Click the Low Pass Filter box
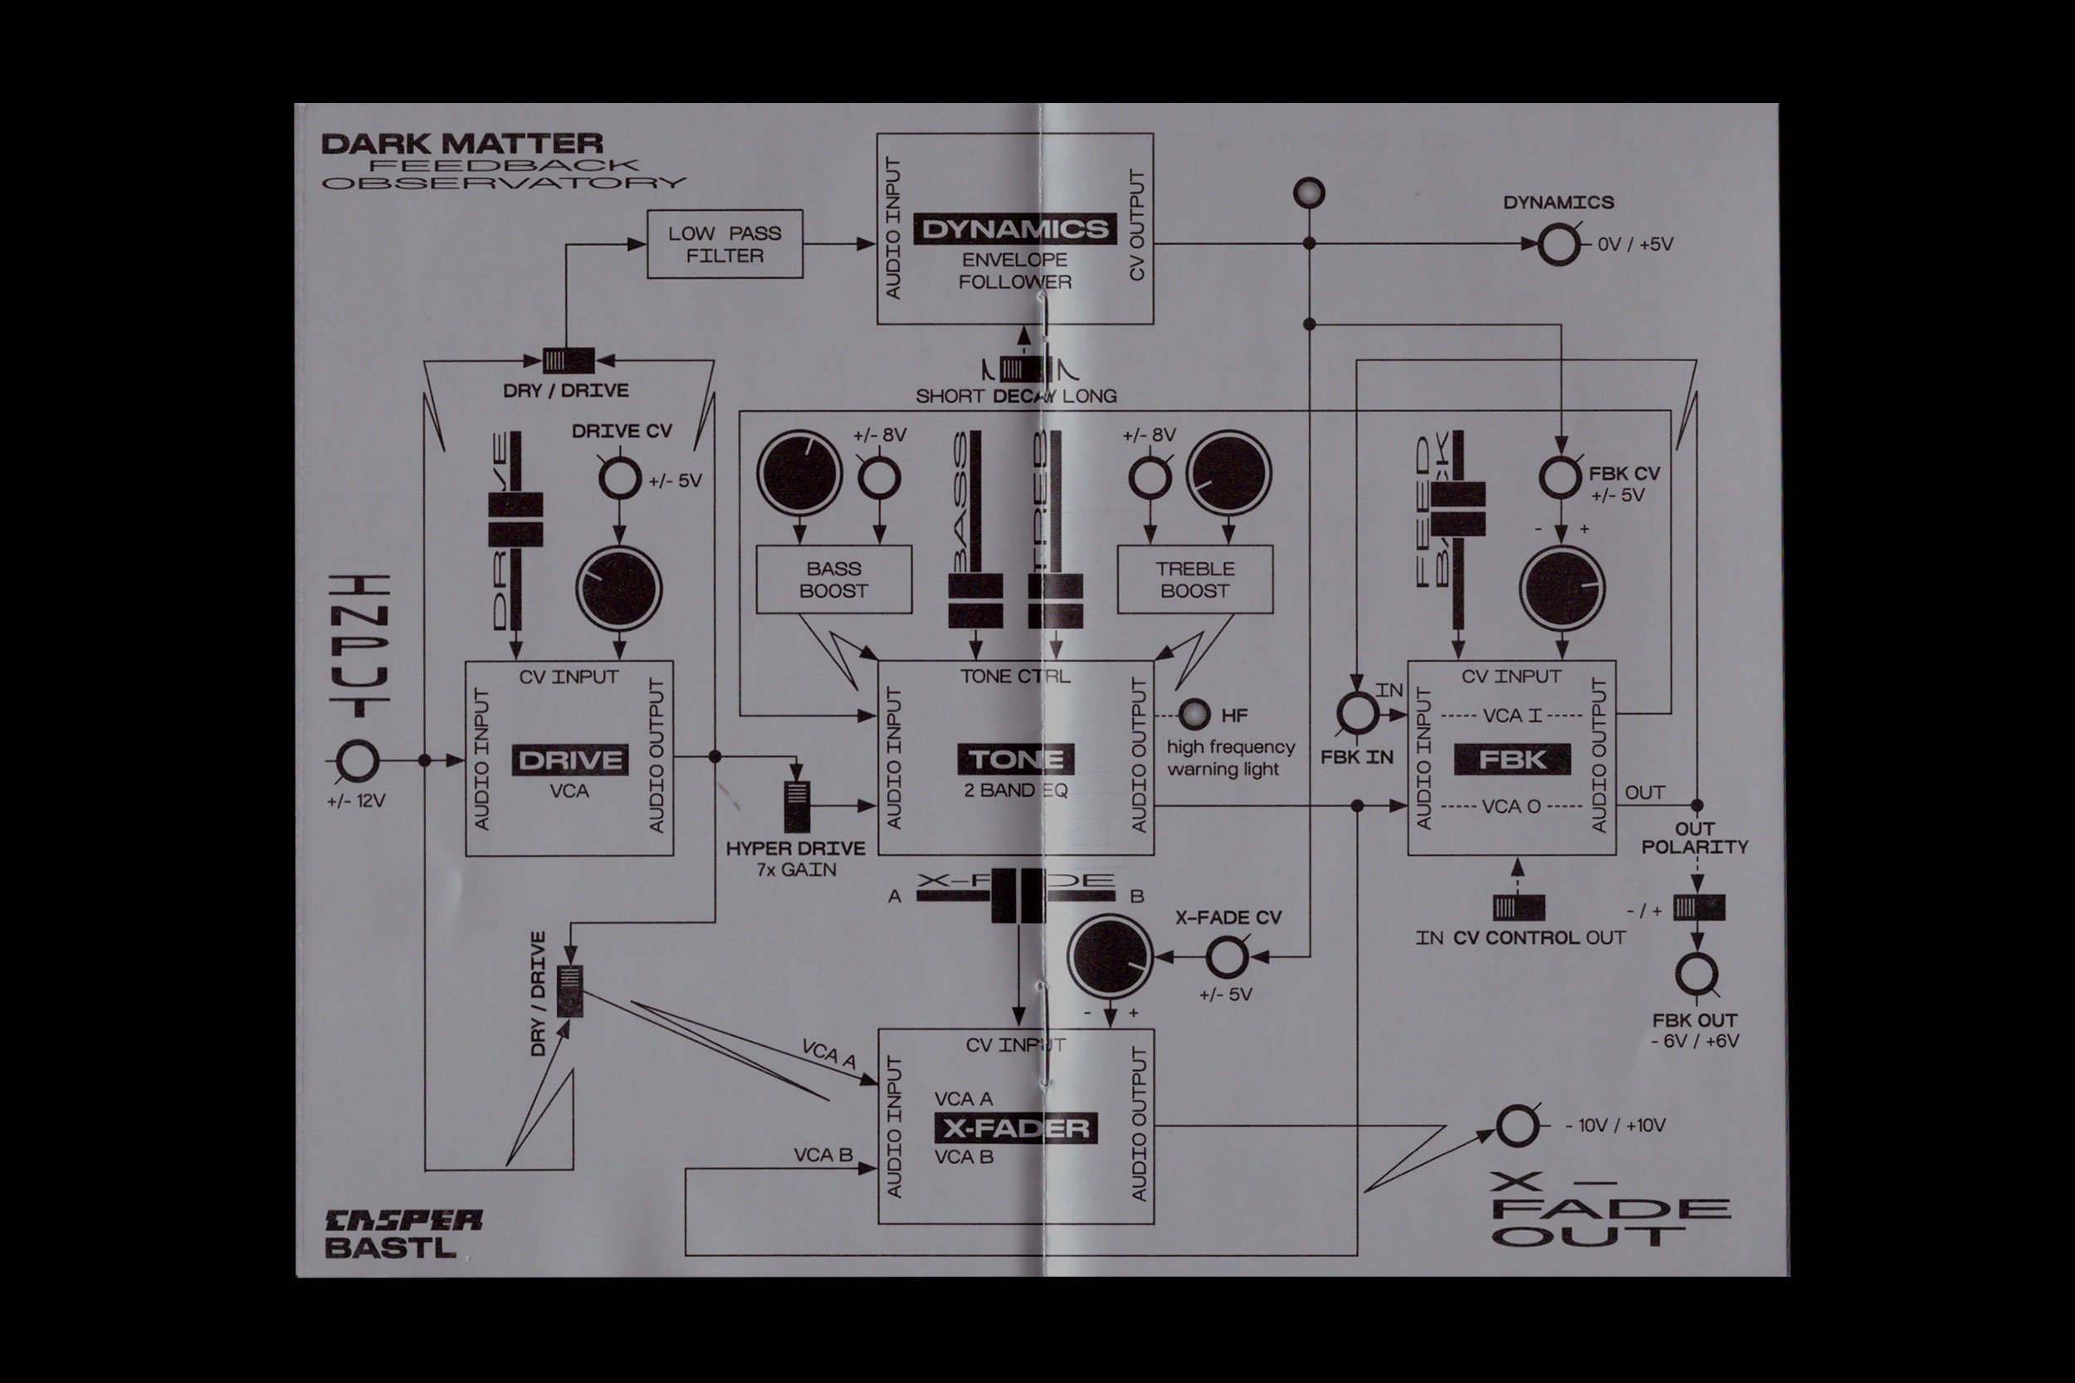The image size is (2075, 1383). [725, 244]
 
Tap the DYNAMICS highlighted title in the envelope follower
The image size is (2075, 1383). [1014, 229]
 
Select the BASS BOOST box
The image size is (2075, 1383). [833, 579]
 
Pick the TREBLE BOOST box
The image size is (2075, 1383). [1195, 579]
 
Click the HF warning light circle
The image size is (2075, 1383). [1194, 715]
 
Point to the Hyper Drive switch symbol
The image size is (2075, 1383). [796, 806]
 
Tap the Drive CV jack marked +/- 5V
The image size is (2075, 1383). [619, 479]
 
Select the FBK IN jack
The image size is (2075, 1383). [1357, 714]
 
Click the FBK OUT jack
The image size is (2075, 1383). [1696, 975]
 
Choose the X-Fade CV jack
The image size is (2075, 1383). [1226, 956]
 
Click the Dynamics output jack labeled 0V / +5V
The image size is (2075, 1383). [1559, 244]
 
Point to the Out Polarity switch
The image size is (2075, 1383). [1698, 907]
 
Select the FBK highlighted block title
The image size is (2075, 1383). [1511, 760]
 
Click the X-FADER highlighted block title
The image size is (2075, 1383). [1016, 1128]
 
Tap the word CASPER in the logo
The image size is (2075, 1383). [404, 1219]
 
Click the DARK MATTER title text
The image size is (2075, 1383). [462, 144]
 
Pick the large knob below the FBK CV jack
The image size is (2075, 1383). [1562, 589]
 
